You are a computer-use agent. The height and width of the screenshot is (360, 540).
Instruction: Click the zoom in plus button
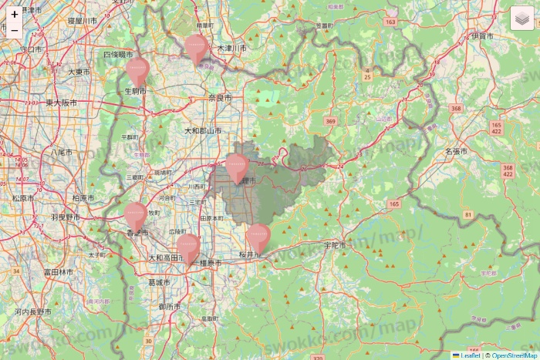click(x=15, y=14)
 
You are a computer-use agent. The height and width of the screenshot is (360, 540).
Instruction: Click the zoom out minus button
click(x=15, y=31)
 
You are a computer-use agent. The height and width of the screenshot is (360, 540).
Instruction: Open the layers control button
click(x=524, y=19)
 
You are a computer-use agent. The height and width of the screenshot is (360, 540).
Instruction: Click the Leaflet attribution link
click(x=470, y=355)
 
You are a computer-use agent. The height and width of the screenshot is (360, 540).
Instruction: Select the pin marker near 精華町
click(x=197, y=48)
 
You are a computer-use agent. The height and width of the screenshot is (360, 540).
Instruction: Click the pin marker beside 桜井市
click(x=258, y=237)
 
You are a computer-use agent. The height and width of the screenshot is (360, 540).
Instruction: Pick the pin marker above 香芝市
click(x=136, y=216)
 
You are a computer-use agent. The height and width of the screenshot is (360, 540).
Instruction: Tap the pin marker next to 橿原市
click(x=188, y=248)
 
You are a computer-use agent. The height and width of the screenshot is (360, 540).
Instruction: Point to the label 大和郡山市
click(x=202, y=131)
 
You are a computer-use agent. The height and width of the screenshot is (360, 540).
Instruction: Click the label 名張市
click(x=456, y=152)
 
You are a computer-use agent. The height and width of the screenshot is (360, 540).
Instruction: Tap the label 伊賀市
click(x=484, y=36)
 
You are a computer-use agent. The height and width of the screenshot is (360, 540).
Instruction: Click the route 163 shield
click(x=390, y=22)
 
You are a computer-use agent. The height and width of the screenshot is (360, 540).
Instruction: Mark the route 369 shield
click(x=331, y=122)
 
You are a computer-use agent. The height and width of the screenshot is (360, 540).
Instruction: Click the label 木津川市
click(x=231, y=48)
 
